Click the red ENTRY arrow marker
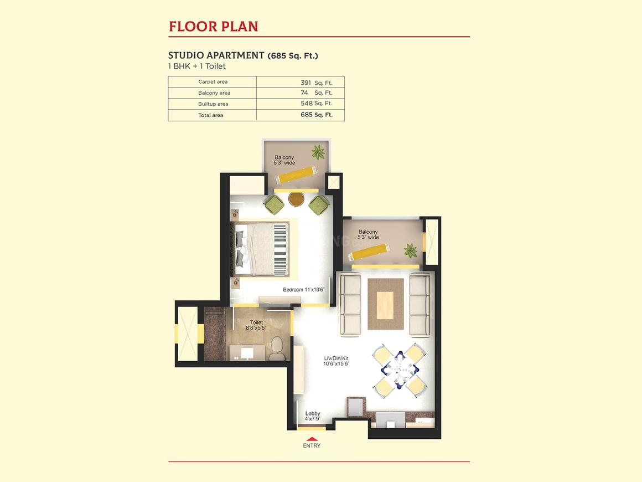312,439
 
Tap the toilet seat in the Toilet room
277,348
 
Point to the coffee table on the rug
385,305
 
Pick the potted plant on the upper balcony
318,152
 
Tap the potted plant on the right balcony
410,250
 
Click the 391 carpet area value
306,83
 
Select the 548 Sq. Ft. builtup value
317,104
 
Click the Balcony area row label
214,93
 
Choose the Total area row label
211,115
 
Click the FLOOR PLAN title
213,27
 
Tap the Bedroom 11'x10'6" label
304,290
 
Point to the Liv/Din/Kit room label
336,361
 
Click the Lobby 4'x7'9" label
312,417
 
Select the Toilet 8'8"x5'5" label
256,325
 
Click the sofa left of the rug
350,305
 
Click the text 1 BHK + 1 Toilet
197,66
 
